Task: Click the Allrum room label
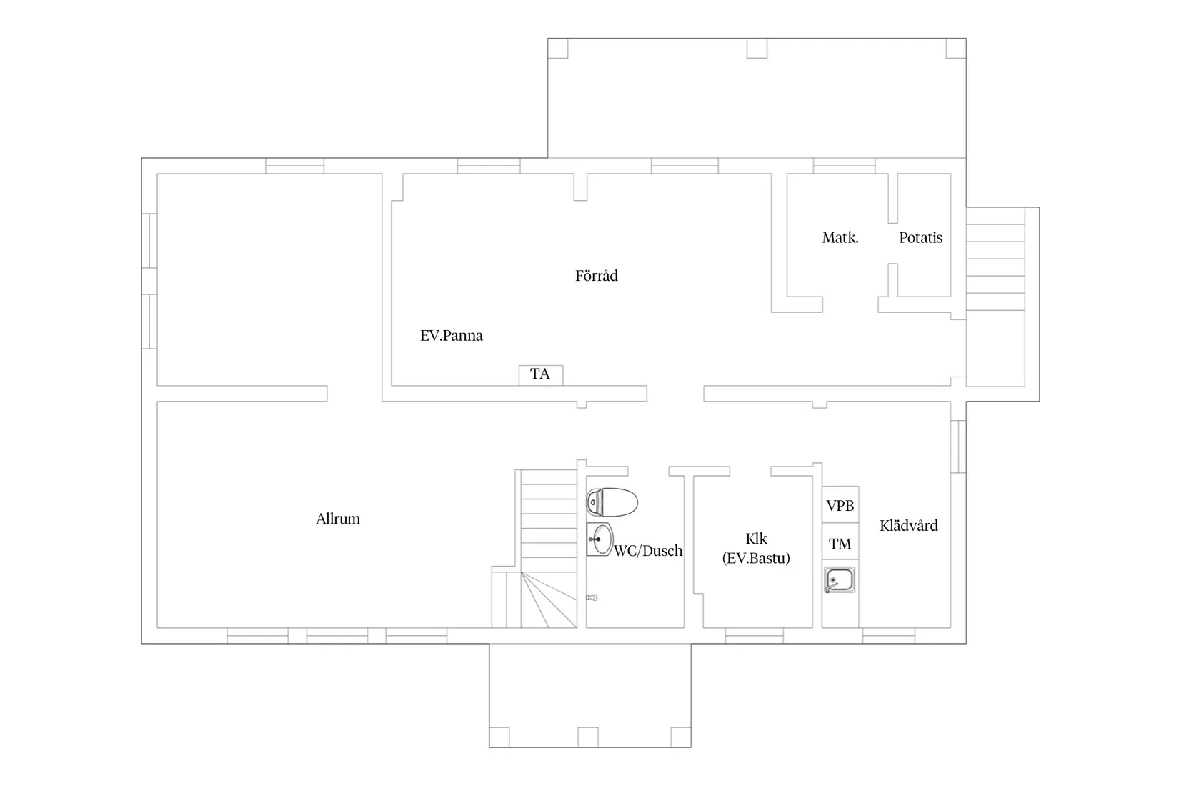(x=338, y=519)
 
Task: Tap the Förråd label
(x=597, y=276)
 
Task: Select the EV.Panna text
(x=451, y=336)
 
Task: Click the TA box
(x=540, y=375)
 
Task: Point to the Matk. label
(x=840, y=238)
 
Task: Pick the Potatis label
(x=920, y=238)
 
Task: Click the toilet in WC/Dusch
(x=612, y=502)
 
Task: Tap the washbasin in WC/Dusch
(x=600, y=539)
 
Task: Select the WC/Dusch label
(x=648, y=551)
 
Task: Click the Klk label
(x=757, y=539)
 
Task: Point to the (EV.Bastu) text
(x=757, y=558)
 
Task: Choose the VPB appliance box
(x=840, y=505)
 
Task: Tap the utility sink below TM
(x=840, y=580)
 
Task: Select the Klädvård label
(x=909, y=526)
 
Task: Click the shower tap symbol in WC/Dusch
(x=592, y=597)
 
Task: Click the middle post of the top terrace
(x=757, y=49)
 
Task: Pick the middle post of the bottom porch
(x=588, y=737)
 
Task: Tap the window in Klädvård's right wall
(x=958, y=447)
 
